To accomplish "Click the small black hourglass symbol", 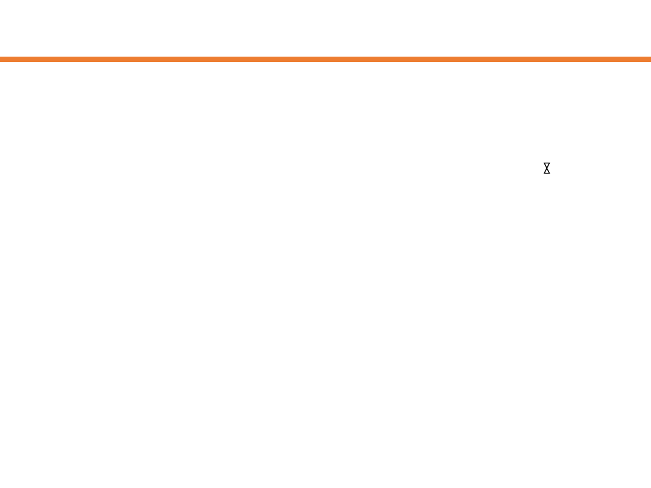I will click(x=547, y=168).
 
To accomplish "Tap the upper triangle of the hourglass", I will click(x=547, y=165).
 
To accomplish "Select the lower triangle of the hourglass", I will click(x=547, y=172).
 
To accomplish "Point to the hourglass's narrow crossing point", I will click(x=547, y=168).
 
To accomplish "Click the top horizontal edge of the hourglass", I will click(x=547, y=163).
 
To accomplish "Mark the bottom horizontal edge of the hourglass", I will click(x=547, y=174).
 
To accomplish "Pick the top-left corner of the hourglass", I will click(x=544, y=163).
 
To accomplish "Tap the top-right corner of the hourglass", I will click(x=550, y=163).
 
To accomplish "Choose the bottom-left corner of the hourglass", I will click(x=544, y=174).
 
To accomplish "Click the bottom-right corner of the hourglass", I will click(x=550, y=174).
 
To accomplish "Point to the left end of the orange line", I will click(x=2, y=59).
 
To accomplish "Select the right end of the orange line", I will click(x=649, y=59).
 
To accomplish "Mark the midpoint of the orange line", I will click(x=325, y=59).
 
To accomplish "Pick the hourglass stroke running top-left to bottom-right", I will click(x=546, y=166).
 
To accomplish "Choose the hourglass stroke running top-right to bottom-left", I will click(x=549, y=166).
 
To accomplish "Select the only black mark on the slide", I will click(x=547, y=168).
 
